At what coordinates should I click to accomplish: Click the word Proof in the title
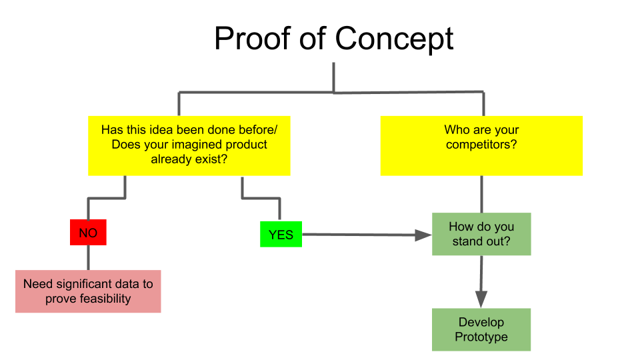point(253,39)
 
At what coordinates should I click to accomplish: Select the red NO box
point(88,232)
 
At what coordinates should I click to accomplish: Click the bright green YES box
point(281,234)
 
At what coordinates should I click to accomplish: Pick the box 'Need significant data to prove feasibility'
point(88,291)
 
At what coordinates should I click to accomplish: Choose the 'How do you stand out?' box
point(481,234)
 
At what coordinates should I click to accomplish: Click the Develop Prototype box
point(481,329)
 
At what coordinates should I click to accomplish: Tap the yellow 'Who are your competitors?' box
point(481,146)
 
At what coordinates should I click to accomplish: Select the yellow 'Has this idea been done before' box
point(189,146)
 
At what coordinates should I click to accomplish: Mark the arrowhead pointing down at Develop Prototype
point(481,299)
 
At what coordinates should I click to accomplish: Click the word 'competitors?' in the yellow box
point(481,145)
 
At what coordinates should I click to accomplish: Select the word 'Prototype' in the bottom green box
point(481,337)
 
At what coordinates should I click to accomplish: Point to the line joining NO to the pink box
point(88,257)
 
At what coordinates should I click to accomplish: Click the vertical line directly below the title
point(334,77)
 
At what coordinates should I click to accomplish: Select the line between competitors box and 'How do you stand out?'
point(481,194)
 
